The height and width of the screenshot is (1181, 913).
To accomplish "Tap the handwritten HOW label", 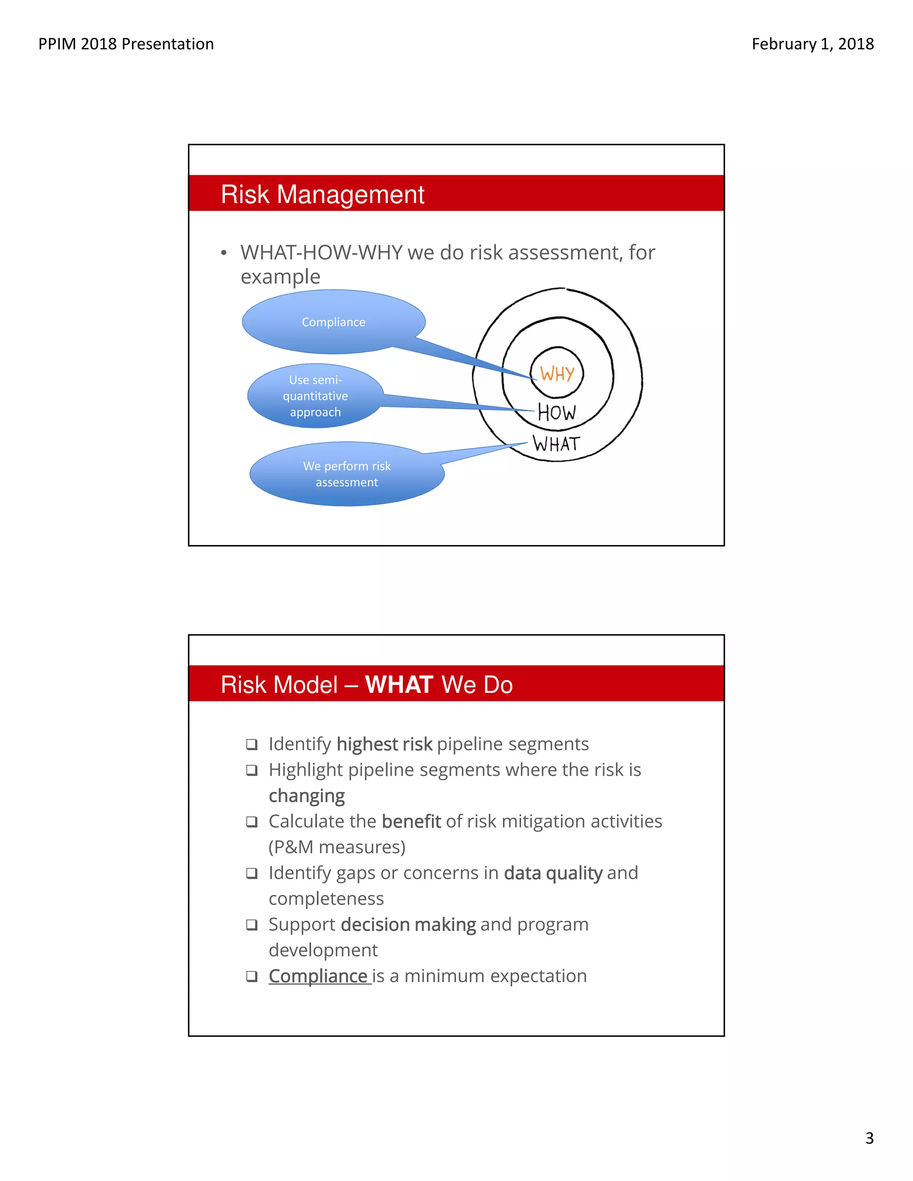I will (x=556, y=413).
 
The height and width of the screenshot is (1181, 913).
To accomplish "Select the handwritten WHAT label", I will (x=556, y=444).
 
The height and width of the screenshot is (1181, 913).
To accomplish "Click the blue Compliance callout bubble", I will (x=333, y=322).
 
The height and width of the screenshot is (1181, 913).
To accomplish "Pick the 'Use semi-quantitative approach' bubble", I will (x=315, y=396).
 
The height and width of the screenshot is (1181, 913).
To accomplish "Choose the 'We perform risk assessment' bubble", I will (x=347, y=474).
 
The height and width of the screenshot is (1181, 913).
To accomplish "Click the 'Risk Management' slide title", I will (x=322, y=194).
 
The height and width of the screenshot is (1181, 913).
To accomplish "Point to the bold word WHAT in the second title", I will (x=399, y=685).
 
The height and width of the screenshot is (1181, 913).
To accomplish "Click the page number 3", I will (x=869, y=1138).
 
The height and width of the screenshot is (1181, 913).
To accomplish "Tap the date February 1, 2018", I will (x=812, y=44).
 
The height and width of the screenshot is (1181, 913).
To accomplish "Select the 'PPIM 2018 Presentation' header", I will (x=126, y=44).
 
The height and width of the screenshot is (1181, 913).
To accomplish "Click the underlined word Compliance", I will (x=319, y=976).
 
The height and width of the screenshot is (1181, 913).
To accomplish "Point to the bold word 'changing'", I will (x=307, y=796).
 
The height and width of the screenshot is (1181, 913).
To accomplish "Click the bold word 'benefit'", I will (x=411, y=821).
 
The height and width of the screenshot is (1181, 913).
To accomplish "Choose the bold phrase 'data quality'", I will (x=553, y=873).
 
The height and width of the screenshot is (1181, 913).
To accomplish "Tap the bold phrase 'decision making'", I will (x=408, y=925).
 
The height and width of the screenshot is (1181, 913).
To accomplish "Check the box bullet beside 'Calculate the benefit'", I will (x=251, y=822).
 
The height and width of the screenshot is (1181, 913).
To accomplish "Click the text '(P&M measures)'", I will (x=337, y=847).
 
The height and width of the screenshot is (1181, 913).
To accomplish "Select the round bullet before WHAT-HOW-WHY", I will (x=223, y=253).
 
